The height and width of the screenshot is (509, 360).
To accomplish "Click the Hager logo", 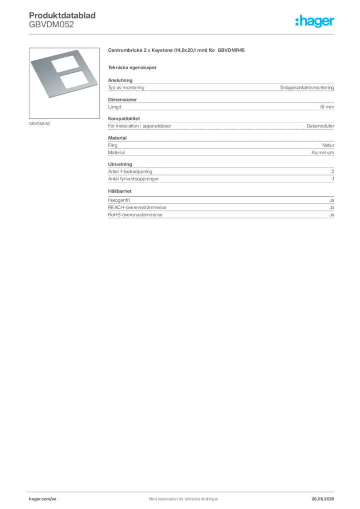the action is click(x=314, y=21).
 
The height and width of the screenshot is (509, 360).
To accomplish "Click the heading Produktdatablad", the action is click(x=62, y=15).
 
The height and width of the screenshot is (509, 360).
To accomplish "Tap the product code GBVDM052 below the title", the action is click(x=51, y=24).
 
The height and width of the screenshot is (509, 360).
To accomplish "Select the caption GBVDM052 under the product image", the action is click(x=39, y=124).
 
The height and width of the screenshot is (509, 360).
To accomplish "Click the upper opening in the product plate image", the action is click(x=66, y=64).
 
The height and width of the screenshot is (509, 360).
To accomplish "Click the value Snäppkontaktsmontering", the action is click(x=307, y=87).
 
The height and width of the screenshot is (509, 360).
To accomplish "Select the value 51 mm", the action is click(x=327, y=107).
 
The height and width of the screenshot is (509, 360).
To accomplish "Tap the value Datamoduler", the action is click(x=320, y=126).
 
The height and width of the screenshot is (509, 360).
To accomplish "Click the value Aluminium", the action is click(x=323, y=153).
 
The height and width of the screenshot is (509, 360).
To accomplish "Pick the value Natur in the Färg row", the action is click(x=328, y=145).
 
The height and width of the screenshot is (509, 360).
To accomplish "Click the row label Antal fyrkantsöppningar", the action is click(x=133, y=179).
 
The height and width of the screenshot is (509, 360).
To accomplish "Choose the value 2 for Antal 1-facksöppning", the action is click(x=333, y=171).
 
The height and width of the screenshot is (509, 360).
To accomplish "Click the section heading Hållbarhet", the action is click(x=120, y=191).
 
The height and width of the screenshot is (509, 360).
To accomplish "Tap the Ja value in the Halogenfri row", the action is click(x=332, y=200).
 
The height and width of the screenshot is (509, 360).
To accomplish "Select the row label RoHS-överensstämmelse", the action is click(x=135, y=215).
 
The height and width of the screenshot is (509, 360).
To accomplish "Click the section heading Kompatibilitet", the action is click(x=124, y=118).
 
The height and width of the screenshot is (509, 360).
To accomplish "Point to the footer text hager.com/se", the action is click(x=43, y=499).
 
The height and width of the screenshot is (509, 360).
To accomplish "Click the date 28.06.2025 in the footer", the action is click(x=323, y=499).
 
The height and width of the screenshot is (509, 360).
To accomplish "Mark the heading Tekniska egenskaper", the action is click(x=132, y=68).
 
